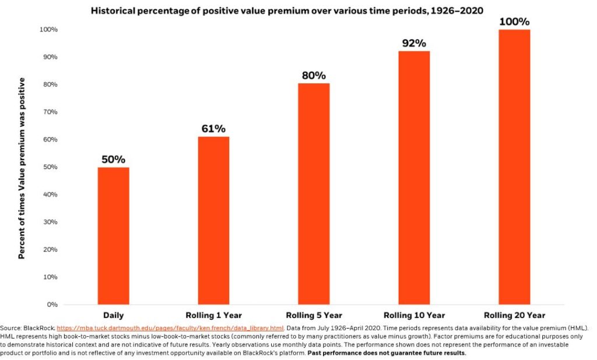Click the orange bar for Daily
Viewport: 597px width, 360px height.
113,236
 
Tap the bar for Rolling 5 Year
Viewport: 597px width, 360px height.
314,194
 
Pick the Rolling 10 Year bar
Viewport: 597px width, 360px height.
414,178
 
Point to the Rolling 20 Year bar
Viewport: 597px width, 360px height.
514,167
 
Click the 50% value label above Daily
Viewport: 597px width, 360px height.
113,160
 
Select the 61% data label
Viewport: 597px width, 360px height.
213,129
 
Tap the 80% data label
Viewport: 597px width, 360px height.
314,76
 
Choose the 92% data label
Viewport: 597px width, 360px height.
414,44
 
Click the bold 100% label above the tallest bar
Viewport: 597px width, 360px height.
514,22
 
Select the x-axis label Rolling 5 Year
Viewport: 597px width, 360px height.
314,316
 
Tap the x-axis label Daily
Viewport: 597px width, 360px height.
113,316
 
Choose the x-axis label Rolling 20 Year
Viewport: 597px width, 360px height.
514,316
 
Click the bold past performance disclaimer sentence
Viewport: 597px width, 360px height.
387,353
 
